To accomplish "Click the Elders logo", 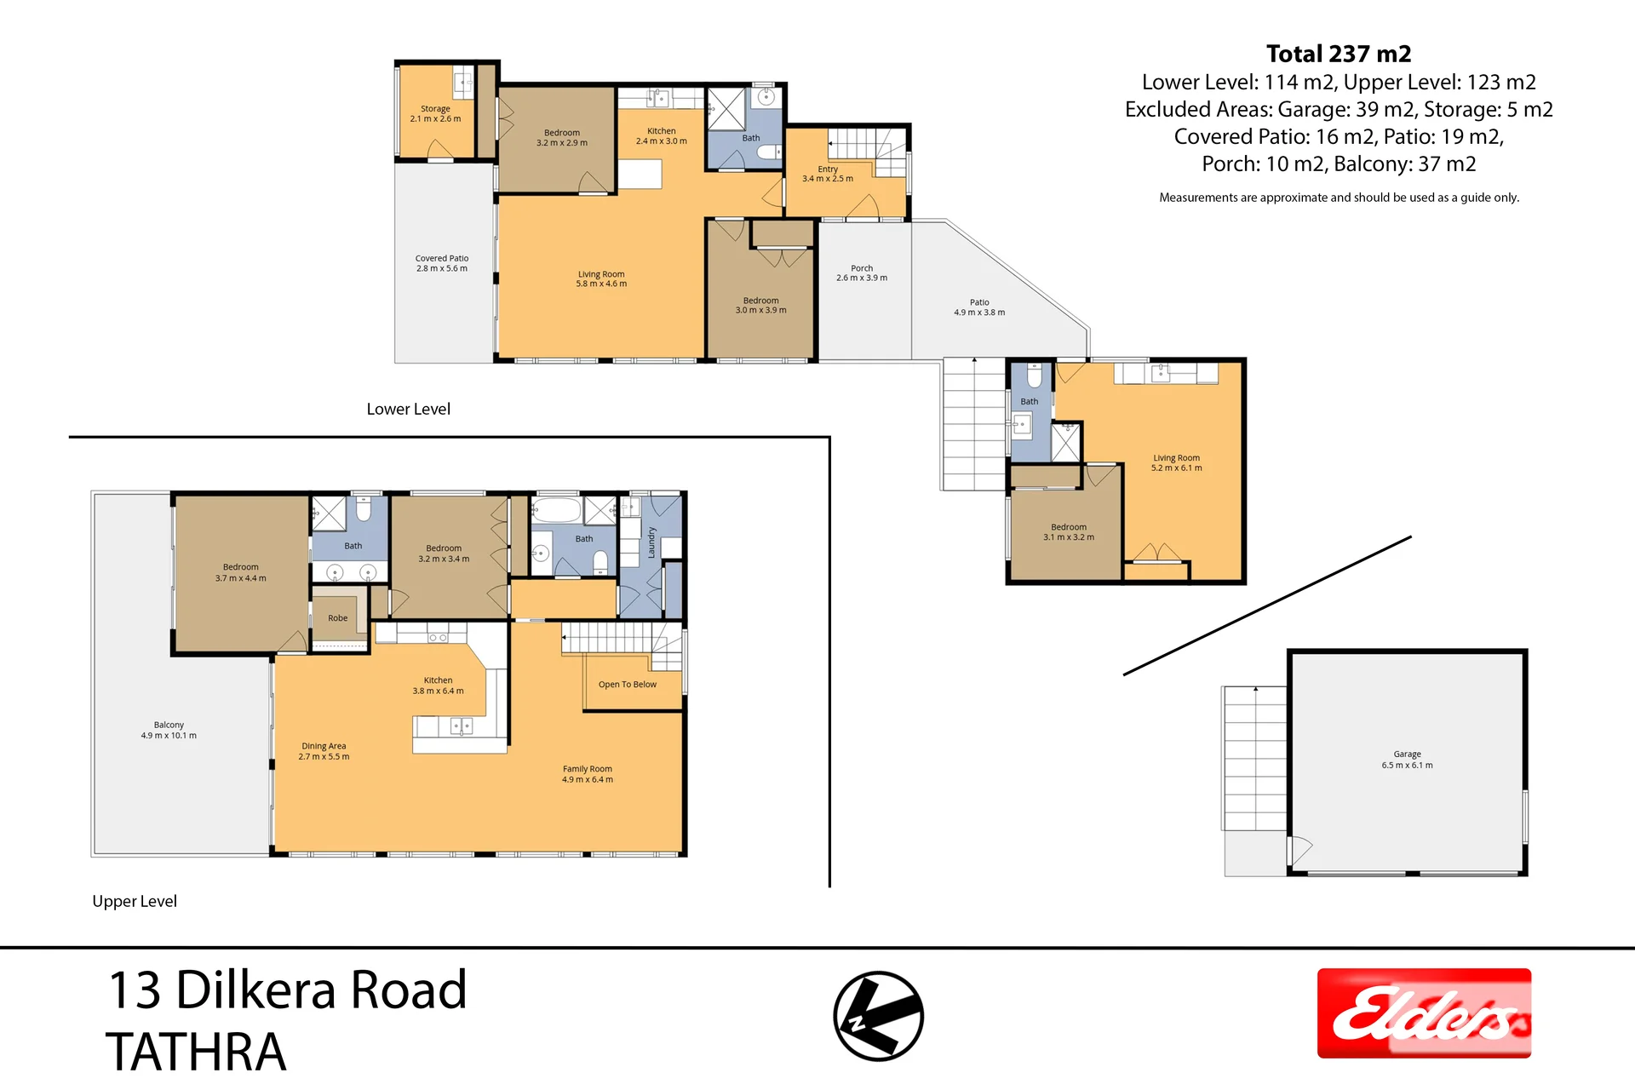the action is tap(1424, 1013).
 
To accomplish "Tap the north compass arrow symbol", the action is tap(878, 1016).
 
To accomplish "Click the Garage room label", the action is tap(1407, 760).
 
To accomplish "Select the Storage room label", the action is tap(435, 113).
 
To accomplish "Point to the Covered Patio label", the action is tap(442, 263).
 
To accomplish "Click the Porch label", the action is tap(862, 272).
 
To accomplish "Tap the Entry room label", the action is tap(828, 174).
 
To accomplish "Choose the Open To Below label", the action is tap(628, 685).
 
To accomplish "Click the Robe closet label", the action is tap(338, 618).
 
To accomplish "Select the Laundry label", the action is tap(651, 542).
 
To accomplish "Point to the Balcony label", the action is tap(169, 730).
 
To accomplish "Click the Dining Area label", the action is tap(324, 751).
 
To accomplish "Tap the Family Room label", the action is tap(588, 774).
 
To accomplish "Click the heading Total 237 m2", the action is tap(1339, 54).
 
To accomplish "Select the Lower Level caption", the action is tap(409, 409).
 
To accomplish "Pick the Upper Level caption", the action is tap(135, 901).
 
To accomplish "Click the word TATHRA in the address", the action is tap(196, 1052).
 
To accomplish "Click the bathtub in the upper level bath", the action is tap(557, 511).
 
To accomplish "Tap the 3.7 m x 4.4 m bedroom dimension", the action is tap(241, 578).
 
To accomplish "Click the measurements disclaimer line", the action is tap(1339, 198).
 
